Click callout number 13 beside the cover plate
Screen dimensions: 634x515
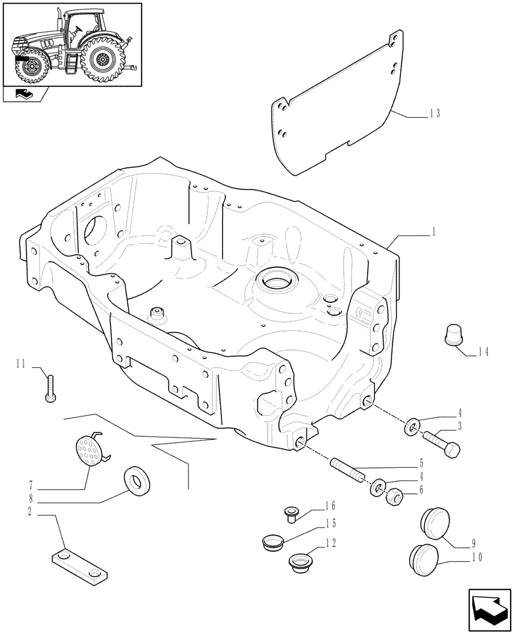click(x=434, y=114)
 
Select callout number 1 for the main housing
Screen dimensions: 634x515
click(x=433, y=233)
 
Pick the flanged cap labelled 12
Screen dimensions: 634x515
click(x=299, y=561)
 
